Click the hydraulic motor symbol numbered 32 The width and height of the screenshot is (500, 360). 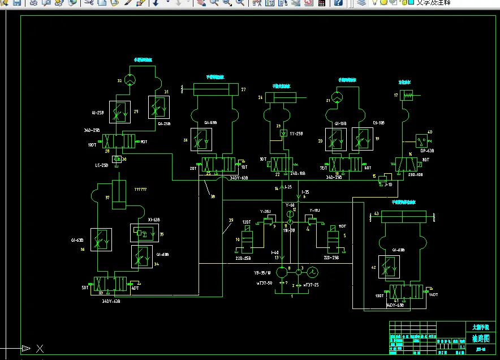130,80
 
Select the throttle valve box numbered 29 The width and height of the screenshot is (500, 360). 119,112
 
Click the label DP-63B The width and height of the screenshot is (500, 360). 427,151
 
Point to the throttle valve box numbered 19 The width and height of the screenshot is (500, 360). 361,139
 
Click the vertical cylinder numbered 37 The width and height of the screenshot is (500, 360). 119,195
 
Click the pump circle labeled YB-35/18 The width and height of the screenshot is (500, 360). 283,272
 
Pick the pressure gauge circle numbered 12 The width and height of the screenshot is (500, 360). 289,213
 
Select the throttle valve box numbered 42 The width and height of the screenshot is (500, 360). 389,267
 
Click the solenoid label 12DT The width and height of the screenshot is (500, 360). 247,222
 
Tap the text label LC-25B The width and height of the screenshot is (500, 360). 102,165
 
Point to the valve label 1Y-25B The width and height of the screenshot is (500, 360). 297,134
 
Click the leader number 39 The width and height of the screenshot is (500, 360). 230,220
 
